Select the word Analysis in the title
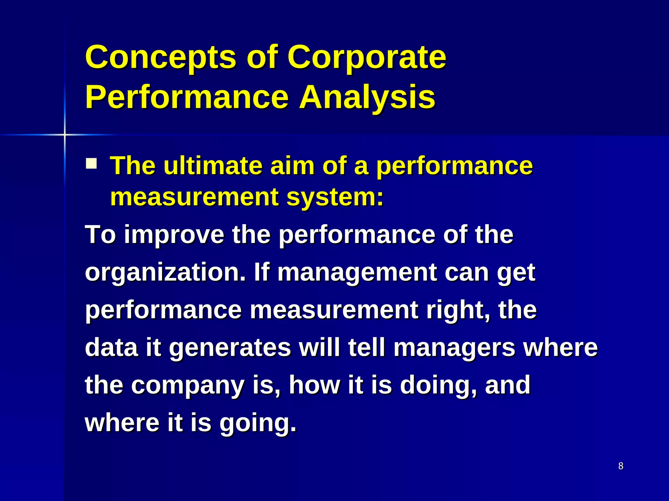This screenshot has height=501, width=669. point(367,97)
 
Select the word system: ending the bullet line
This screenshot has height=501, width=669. point(335,197)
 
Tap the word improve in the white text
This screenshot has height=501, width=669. point(174,235)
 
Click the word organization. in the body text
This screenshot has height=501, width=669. point(165,272)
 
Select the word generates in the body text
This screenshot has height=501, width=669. point(230,348)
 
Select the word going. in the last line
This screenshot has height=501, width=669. point(258,423)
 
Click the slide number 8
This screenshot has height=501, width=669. point(621,466)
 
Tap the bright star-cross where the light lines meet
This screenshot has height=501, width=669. point(64,134)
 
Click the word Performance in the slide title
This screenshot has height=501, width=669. point(187,97)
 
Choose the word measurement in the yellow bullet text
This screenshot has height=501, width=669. point(194,197)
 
